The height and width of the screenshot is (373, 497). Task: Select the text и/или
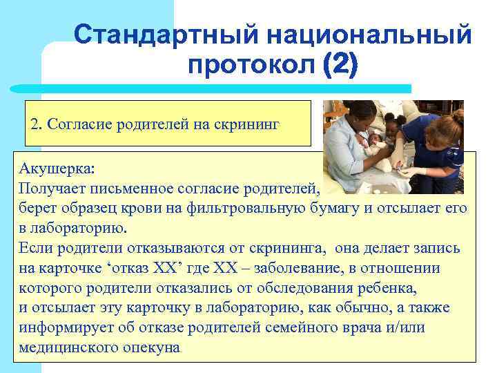[405, 327]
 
